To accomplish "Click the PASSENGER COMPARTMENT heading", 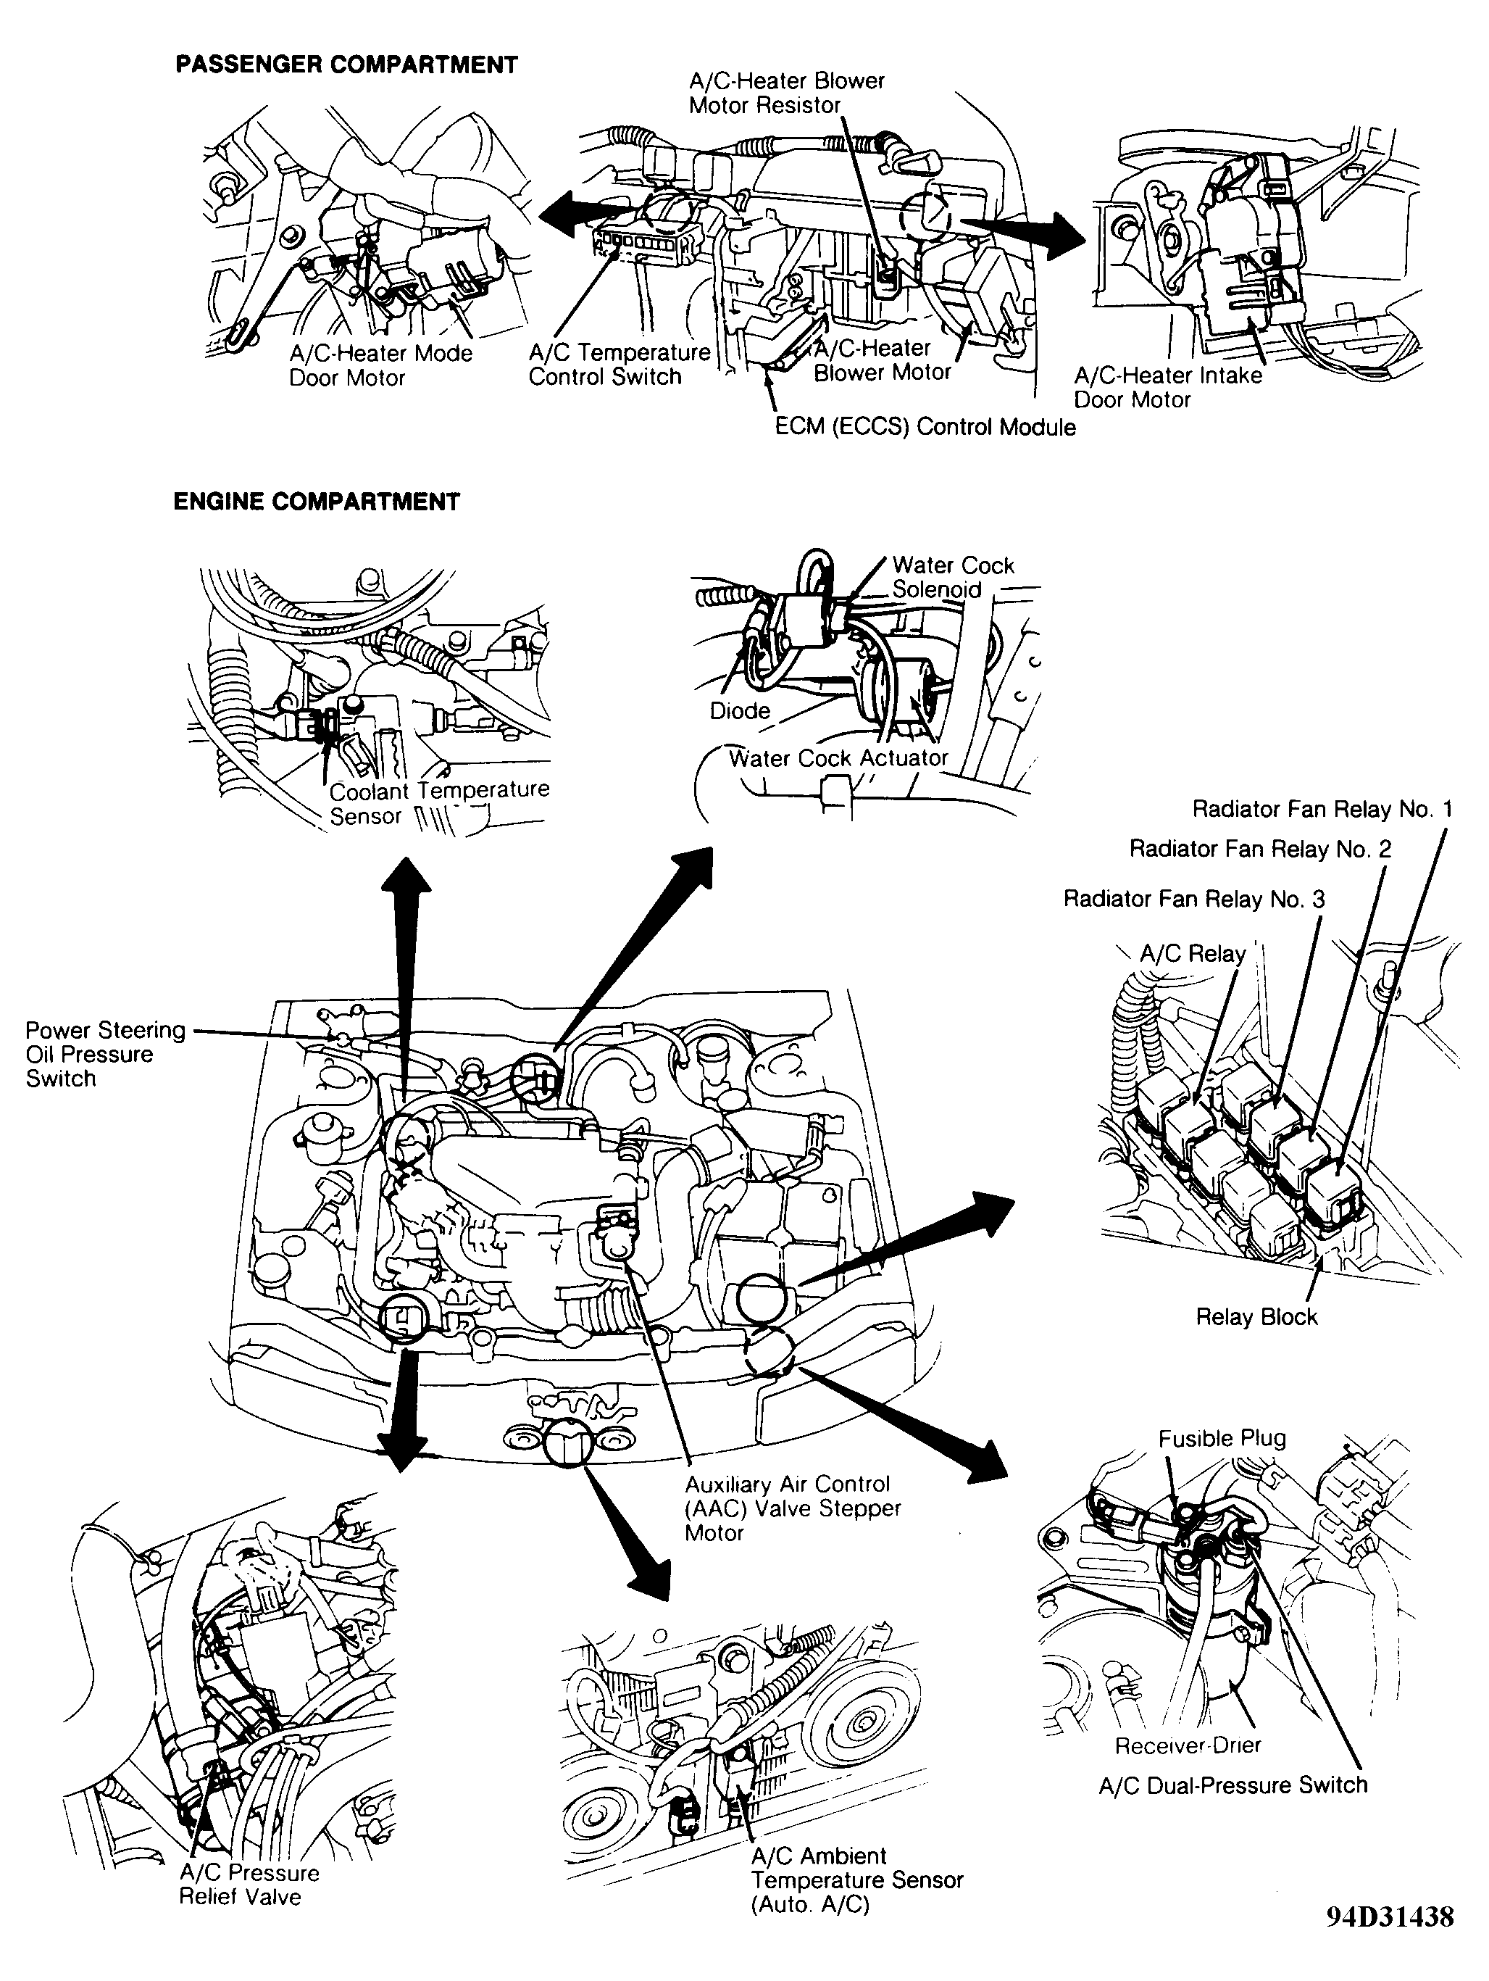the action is point(346,65).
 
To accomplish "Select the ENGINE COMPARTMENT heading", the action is point(316,502).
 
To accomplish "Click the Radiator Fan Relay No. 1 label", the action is point(1322,810).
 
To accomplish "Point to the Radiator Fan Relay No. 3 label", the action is point(1193,898).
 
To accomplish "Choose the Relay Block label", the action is point(1256,1316).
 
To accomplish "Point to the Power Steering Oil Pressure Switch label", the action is point(105,1054).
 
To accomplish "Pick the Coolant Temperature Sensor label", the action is point(439,802).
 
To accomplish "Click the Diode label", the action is point(740,710).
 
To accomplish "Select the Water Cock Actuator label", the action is point(838,757).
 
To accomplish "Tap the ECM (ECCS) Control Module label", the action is point(925,426).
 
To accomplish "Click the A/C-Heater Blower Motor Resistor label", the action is point(786,93).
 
